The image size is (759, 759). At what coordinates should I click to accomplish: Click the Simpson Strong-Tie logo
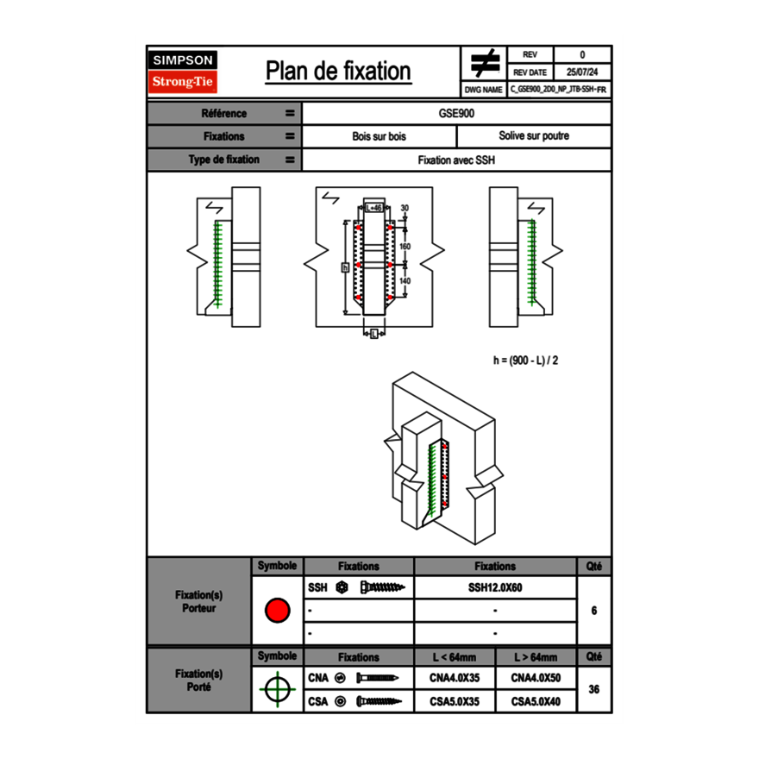click(184, 72)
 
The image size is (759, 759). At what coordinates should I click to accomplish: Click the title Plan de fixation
click(338, 72)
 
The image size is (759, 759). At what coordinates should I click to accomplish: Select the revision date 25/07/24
click(582, 72)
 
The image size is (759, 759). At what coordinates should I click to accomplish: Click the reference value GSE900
click(456, 113)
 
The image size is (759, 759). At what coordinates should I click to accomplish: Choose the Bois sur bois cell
click(379, 136)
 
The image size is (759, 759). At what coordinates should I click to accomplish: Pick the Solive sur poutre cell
click(533, 136)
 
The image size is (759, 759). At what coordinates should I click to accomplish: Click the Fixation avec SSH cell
click(456, 160)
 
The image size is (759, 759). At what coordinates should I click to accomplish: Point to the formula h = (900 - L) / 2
click(525, 361)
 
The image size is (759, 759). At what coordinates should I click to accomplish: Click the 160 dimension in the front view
click(405, 247)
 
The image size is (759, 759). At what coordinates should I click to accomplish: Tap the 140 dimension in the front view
click(405, 281)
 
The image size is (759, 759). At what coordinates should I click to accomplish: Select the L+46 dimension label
click(373, 208)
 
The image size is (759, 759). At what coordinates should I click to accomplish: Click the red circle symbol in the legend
click(277, 611)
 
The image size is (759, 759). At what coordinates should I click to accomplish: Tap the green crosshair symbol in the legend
click(277, 689)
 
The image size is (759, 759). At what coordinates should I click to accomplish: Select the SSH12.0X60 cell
click(495, 587)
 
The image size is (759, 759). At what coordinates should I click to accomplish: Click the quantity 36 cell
click(593, 689)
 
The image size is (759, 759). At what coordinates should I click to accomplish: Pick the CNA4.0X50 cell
click(536, 678)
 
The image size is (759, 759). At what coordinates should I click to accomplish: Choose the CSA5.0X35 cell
click(454, 702)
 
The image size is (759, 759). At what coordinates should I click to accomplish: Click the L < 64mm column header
click(454, 656)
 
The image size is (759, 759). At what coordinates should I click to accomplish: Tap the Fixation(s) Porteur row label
click(198, 601)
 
